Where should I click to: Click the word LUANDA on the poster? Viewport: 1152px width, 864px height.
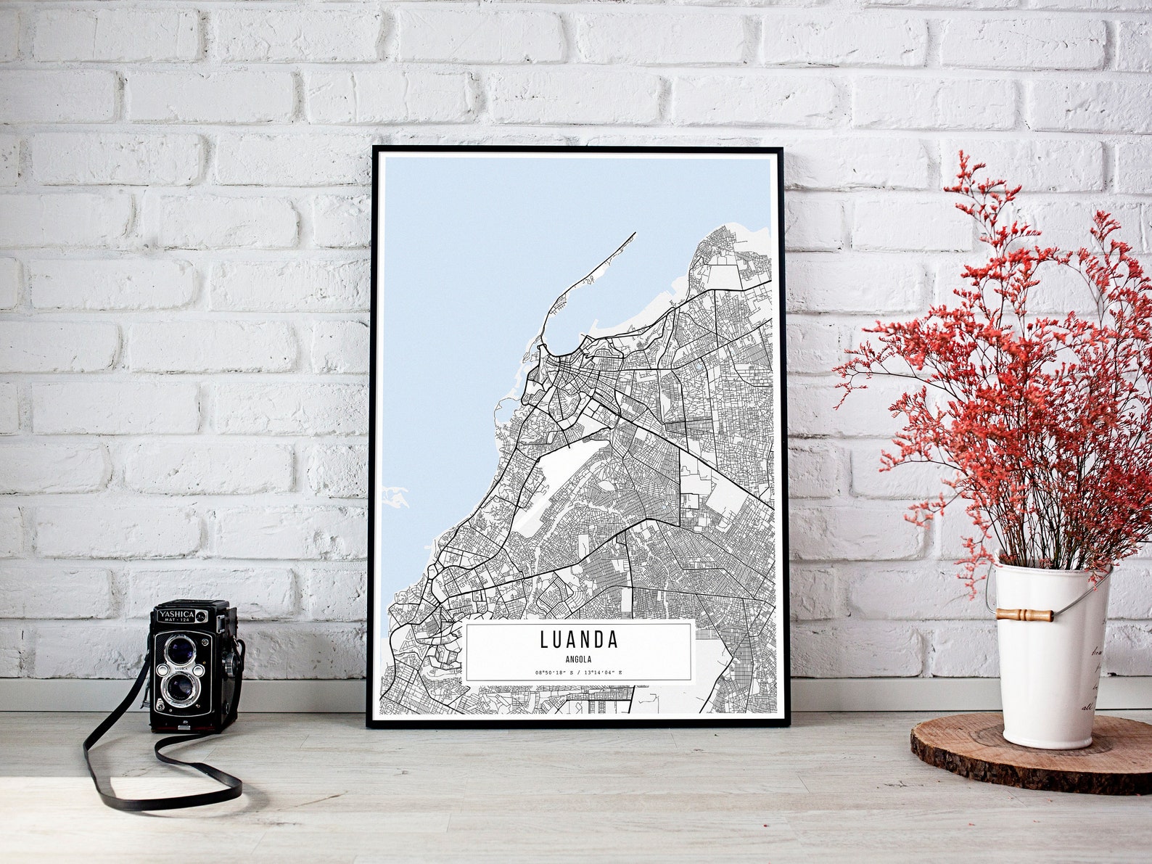(578, 640)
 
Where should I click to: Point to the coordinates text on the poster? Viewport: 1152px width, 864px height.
(578, 673)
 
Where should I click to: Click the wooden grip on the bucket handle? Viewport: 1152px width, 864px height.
(1024, 615)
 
